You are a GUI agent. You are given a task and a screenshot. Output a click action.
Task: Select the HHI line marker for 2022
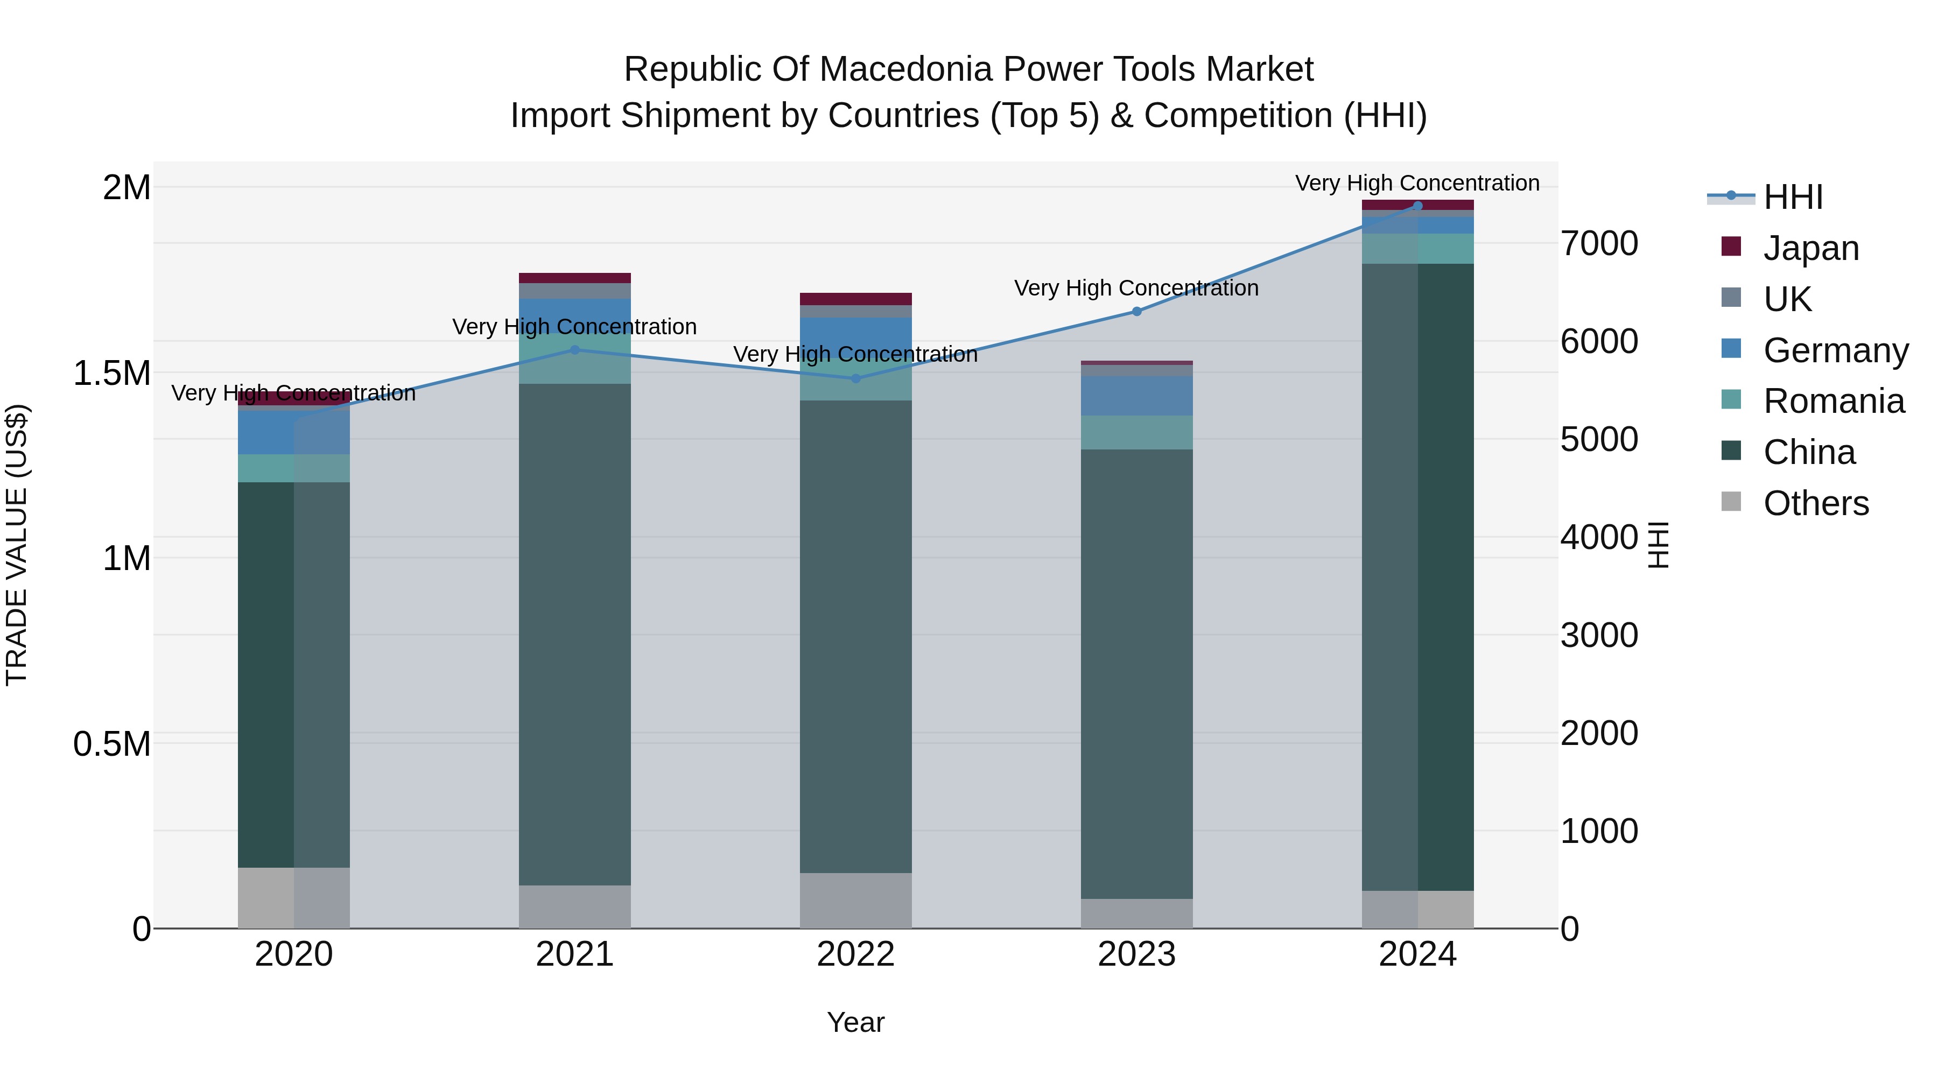(855, 378)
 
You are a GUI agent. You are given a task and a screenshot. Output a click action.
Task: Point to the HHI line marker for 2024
(1417, 206)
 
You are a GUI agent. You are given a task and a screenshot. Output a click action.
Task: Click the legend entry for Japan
(1810, 248)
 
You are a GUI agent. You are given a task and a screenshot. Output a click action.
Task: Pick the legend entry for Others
(1815, 503)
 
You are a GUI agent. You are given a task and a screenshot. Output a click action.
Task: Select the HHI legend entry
(1792, 197)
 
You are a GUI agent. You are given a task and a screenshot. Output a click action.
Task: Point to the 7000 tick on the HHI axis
(1599, 244)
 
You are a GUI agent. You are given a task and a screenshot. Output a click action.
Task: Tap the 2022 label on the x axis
(855, 954)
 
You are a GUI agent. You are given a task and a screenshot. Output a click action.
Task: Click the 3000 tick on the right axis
(1599, 636)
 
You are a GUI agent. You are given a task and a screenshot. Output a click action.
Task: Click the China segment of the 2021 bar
(575, 634)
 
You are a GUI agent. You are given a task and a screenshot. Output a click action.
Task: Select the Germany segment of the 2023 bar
(1137, 396)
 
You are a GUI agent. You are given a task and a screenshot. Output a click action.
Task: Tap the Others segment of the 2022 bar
(855, 901)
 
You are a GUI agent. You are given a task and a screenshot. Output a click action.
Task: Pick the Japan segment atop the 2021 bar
(575, 278)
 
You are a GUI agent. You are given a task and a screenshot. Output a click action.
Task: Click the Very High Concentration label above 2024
(1417, 184)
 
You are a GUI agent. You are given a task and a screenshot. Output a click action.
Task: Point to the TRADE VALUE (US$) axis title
(17, 545)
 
